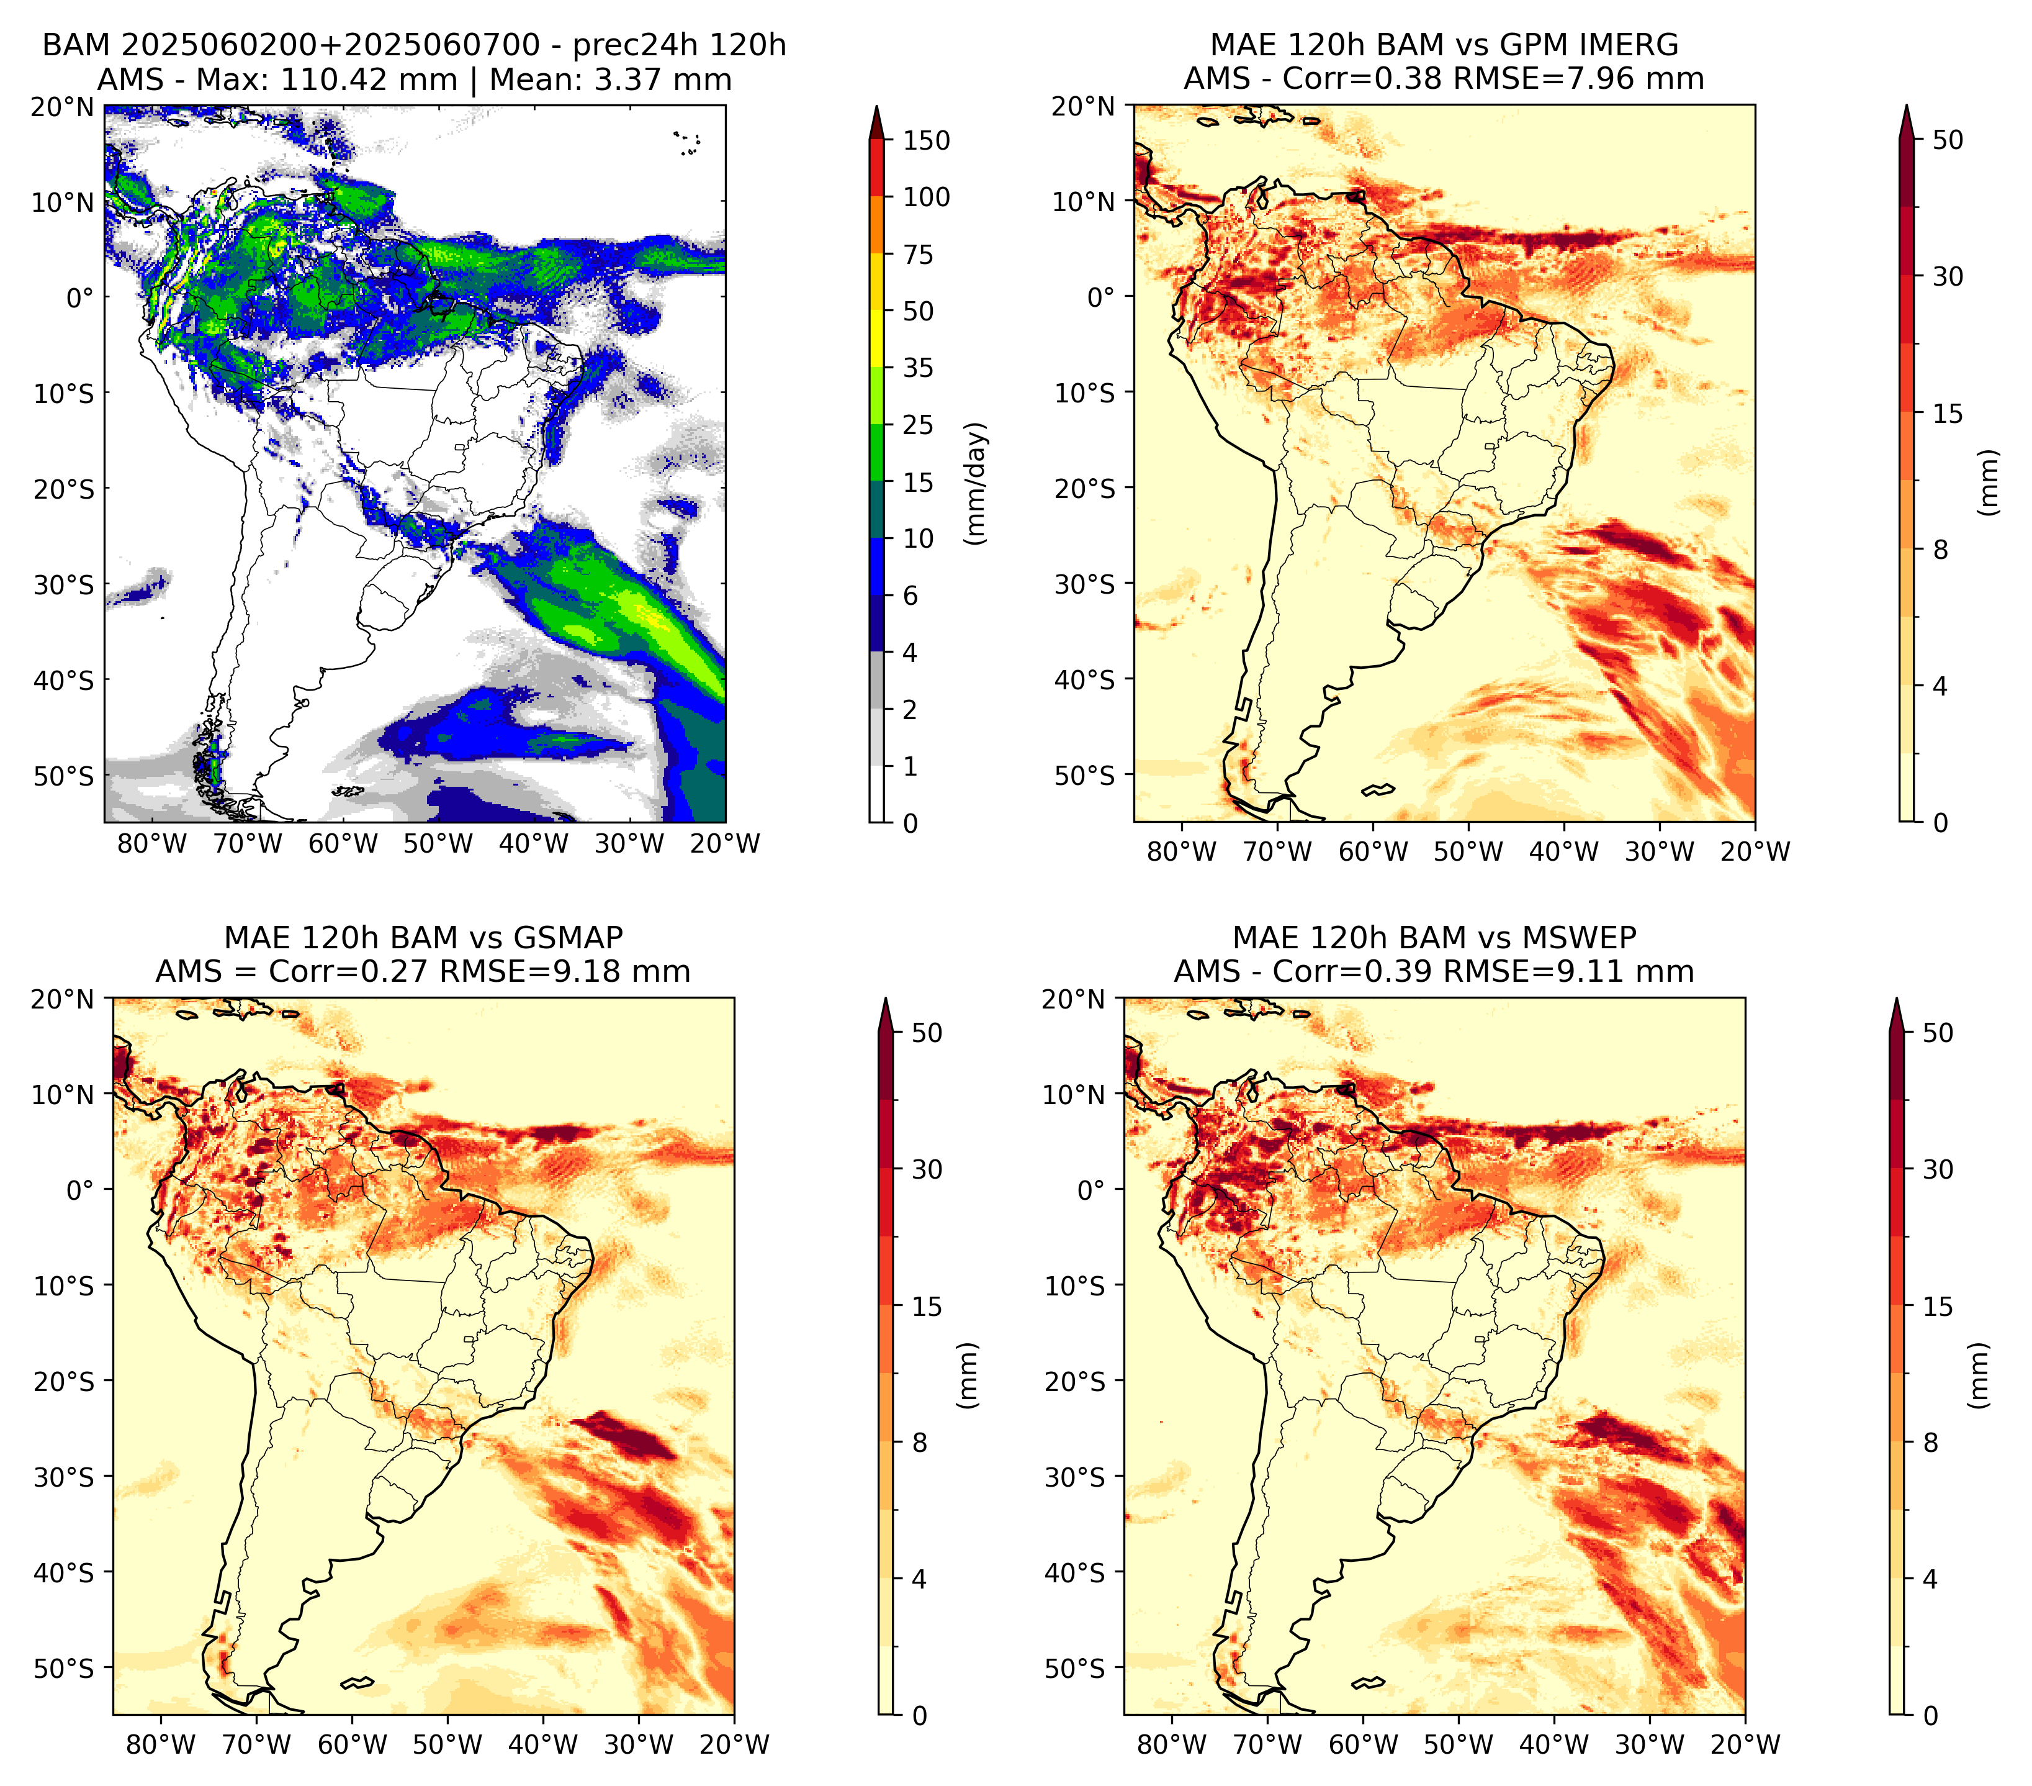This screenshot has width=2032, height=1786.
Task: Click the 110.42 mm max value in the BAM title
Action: click(x=369, y=79)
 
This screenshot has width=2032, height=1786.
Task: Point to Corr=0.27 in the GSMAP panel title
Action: click(x=348, y=972)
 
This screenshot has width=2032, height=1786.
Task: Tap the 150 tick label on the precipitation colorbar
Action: click(x=927, y=140)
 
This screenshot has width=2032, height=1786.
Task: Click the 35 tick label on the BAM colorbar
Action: click(x=919, y=368)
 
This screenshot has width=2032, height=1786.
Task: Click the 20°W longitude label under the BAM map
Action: click(x=725, y=843)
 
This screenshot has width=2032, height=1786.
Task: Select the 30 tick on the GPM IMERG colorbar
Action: click(x=1948, y=276)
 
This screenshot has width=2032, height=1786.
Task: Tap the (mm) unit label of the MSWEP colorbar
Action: click(x=1980, y=1376)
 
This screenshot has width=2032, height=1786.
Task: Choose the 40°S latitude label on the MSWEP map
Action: click(x=1075, y=1572)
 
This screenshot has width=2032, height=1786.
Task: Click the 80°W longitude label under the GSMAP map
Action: click(x=161, y=1744)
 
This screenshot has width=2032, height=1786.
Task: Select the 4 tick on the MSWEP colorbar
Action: click(x=1931, y=1578)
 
